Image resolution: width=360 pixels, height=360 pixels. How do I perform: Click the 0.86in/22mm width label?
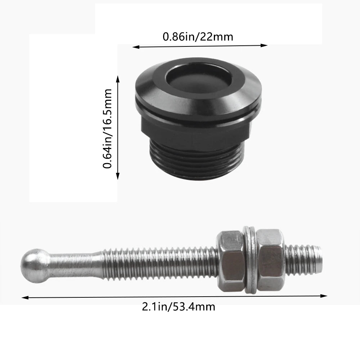198,36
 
